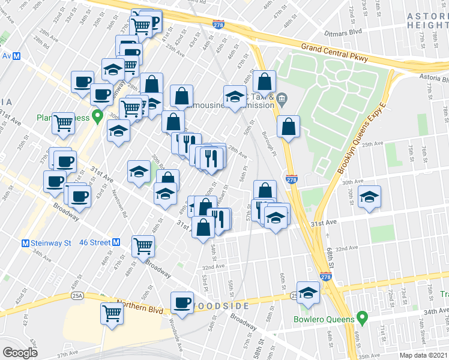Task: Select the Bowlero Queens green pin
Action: [362, 316]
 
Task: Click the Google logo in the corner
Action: [20, 353]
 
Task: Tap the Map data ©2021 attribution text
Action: [423, 355]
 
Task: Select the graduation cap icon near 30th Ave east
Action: [369, 196]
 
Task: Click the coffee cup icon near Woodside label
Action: [182, 302]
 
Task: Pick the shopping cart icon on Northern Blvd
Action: [112, 312]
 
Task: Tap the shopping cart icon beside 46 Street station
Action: [143, 245]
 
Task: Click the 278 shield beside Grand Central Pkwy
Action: [218, 24]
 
